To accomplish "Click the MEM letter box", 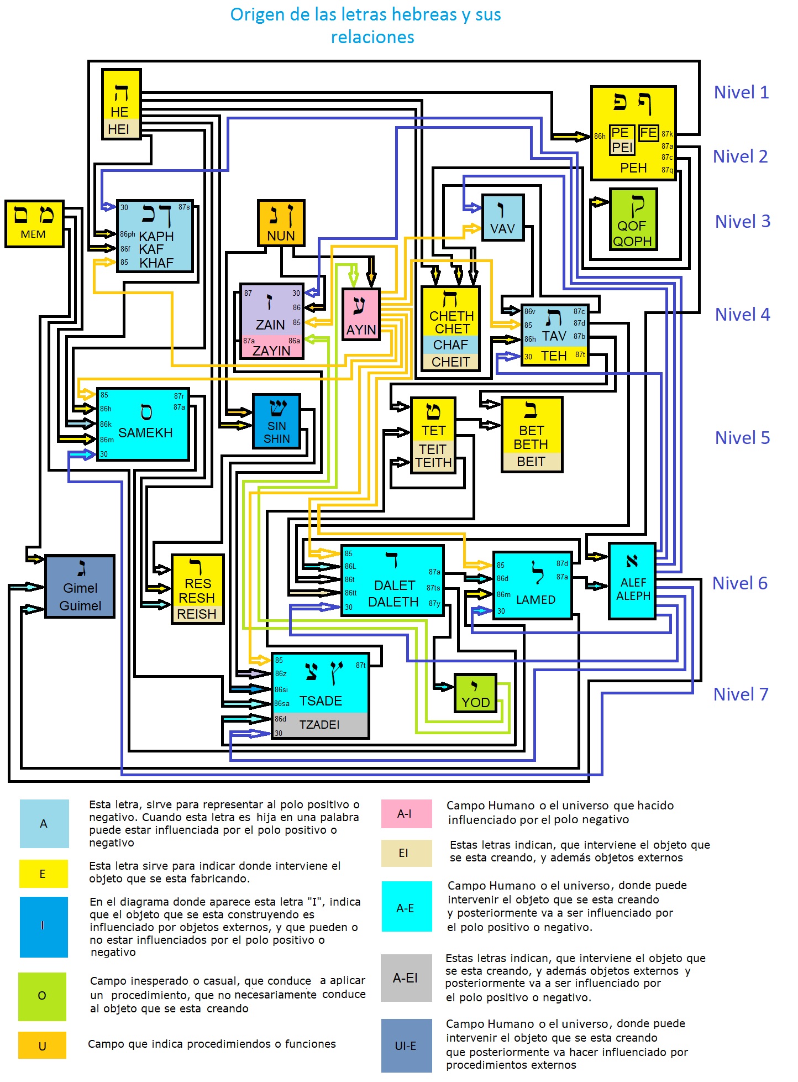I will pos(34,223).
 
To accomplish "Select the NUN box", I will pos(281,223).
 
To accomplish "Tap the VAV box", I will pos(502,217).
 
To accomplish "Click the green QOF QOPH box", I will pos(633,219).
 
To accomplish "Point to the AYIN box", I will pos(361,314).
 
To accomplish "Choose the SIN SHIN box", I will pos(276,421).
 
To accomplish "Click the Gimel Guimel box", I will pos(80,586).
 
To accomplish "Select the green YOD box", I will pos(475,693).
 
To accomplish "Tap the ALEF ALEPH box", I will pos(632,581).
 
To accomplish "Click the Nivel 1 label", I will pos(741,92).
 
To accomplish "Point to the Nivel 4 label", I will pos(742,315).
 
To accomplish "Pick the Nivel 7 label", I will pos(741,694).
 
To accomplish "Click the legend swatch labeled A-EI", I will pos(406,978).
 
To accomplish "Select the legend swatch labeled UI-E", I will pos(406,1046).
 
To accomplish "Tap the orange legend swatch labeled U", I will pos(42,1046).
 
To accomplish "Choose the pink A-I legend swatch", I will pos(406,814).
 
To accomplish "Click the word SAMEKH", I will pos(145,433).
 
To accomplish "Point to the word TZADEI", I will pos(319,725).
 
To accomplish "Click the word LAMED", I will pos(535,600).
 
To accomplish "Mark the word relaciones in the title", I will pos(372,38).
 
